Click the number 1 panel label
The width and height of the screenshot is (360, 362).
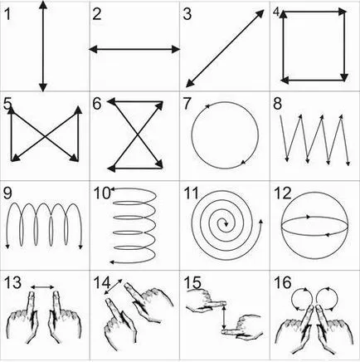tap(7, 14)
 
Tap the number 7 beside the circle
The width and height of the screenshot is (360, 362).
tap(187, 104)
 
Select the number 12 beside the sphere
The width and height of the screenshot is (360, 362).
tap(283, 193)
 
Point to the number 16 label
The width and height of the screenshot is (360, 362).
tap(283, 282)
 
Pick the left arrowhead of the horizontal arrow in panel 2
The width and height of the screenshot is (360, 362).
tap(93, 49)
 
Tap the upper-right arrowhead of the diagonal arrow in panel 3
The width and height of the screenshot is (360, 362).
tap(260, 12)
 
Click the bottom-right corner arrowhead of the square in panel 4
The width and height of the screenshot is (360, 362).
tap(343, 77)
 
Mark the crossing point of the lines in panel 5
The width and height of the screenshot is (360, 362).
tap(45, 136)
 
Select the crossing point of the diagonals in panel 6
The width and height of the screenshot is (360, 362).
tap(138, 135)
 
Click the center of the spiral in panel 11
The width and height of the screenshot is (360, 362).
tap(225, 223)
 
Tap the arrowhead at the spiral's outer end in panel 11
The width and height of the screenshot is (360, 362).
tap(260, 222)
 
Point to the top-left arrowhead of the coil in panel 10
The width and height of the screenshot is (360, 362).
tap(112, 189)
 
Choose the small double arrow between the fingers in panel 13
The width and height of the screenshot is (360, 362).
tap(42, 287)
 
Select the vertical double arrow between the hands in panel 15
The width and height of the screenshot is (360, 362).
tap(224, 316)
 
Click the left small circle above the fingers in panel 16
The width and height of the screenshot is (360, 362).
tap(302, 299)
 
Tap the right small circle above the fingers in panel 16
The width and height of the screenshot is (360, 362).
tap(327, 299)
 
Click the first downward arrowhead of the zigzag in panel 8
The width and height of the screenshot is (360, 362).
tap(287, 159)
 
